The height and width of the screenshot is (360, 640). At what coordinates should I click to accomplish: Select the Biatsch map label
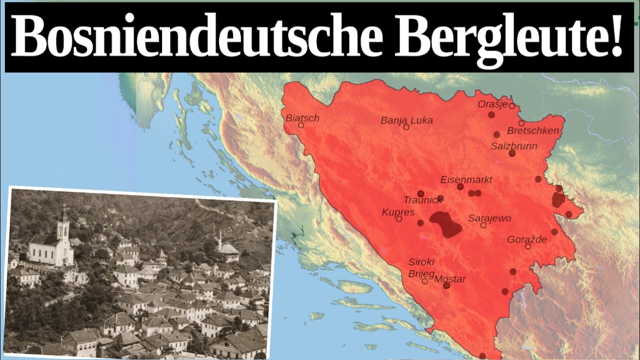coord(302,118)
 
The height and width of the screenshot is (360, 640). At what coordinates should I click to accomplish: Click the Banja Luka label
coord(406,120)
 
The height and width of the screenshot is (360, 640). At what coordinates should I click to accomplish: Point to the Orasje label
coord(493,104)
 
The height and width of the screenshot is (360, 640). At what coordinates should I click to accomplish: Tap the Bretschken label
coord(532,131)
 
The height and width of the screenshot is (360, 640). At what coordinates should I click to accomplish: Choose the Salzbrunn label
coord(513,146)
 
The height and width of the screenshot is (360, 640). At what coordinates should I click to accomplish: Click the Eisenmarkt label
coord(466,180)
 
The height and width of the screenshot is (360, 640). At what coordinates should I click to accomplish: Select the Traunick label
coord(422,200)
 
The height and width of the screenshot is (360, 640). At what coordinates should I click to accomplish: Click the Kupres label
coord(398,212)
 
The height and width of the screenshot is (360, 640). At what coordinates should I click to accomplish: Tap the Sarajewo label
coord(489,218)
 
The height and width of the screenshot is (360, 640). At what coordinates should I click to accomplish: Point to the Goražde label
coord(527,240)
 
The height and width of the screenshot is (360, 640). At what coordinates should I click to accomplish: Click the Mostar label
coord(450,279)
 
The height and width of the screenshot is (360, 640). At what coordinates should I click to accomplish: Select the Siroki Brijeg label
coord(421,267)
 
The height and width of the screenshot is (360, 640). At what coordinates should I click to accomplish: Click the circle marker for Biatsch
coord(301,125)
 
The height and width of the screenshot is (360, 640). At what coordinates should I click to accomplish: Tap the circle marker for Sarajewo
coord(483,225)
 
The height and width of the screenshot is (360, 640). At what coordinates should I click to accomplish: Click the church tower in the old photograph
coord(63,225)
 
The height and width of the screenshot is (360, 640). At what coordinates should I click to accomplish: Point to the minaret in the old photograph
coord(220,239)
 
